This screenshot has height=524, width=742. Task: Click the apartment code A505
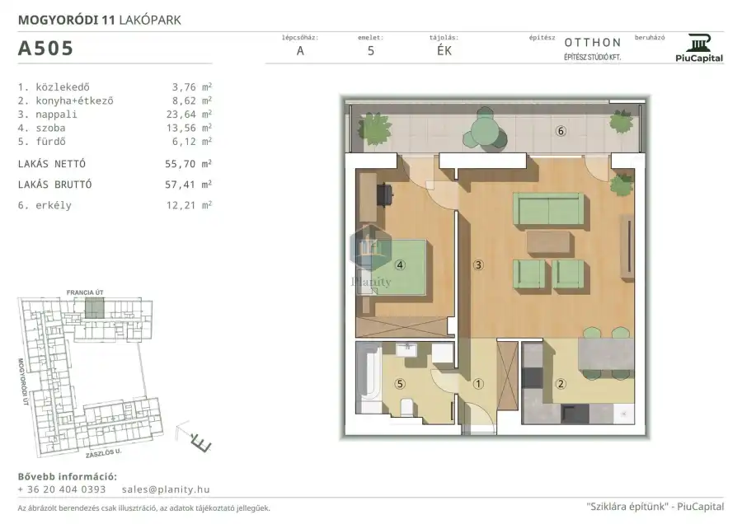pyautogui.click(x=45, y=49)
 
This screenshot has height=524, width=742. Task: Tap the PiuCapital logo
pyautogui.click(x=699, y=49)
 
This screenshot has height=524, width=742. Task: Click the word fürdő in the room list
pyautogui.click(x=50, y=142)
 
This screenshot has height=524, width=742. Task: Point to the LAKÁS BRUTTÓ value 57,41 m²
pyautogui.click(x=188, y=185)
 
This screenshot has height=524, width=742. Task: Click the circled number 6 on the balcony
pyautogui.click(x=561, y=131)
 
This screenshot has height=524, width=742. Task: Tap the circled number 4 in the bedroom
pyautogui.click(x=400, y=264)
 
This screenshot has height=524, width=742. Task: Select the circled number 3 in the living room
pyautogui.click(x=478, y=264)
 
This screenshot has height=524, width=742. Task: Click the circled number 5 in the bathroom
pyautogui.click(x=400, y=384)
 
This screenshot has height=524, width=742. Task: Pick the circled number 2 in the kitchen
pyautogui.click(x=561, y=384)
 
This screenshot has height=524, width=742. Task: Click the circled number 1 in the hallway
pyautogui.click(x=478, y=384)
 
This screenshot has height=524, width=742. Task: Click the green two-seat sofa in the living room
pyautogui.click(x=548, y=209)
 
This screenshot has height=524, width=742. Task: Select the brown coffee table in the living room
pyautogui.click(x=548, y=244)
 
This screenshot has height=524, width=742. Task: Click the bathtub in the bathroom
pyautogui.click(x=369, y=379)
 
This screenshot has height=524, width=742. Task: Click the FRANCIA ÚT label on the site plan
pyautogui.click(x=85, y=292)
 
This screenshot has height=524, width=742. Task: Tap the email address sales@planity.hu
pyautogui.click(x=166, y=489)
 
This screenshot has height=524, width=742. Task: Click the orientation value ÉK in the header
pyautogui.click(x=444, y=51)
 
